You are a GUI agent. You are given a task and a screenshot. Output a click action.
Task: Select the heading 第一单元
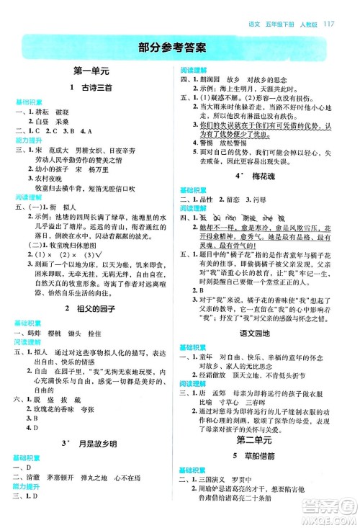[91, 72]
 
